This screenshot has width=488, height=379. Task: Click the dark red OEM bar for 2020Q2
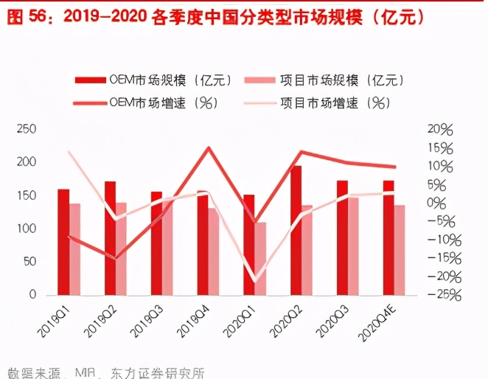coord(296,230)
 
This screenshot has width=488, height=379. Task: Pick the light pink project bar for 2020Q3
coord(354,246)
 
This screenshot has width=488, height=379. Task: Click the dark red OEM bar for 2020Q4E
coord(388,237)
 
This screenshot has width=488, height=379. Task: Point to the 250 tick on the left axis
coord(27,129)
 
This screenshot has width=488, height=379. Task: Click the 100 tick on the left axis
coord(27,229)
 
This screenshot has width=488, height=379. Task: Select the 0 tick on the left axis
coord(32,295)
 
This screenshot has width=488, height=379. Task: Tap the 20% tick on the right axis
coord(440,129)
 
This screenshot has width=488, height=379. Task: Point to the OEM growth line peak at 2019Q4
coord(209,147)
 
